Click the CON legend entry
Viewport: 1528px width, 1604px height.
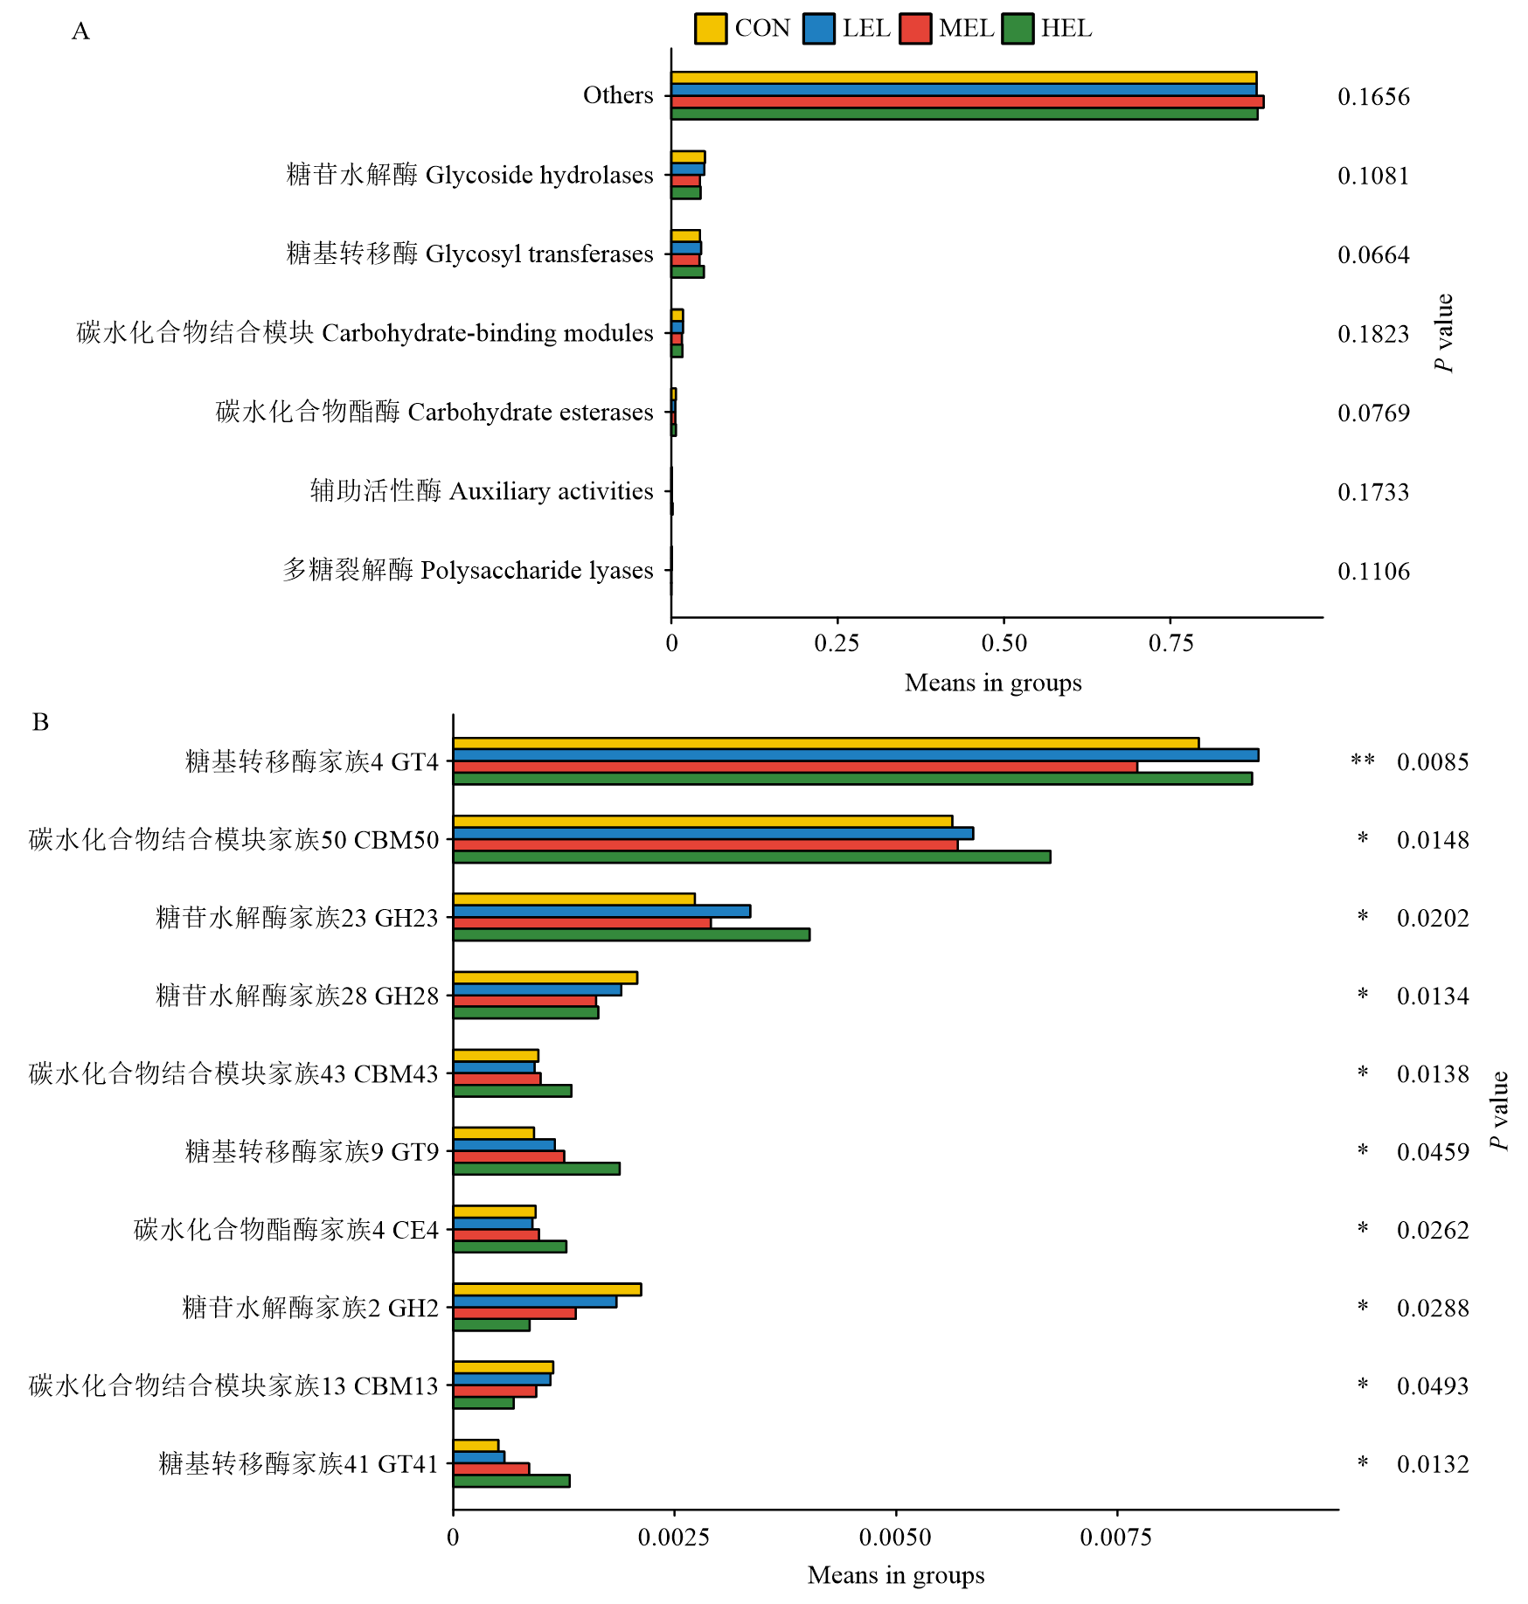point(743,29)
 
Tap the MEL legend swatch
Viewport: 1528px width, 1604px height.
point(914,29)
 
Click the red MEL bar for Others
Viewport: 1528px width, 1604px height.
point(967,101)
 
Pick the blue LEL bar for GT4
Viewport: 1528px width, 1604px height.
point(855,755)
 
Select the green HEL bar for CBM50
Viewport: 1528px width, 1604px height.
point(752,857)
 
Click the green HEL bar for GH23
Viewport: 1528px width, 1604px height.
point(631,934)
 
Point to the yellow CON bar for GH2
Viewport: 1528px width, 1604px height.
point(547,1289)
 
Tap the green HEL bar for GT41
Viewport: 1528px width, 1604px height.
point(511,1481)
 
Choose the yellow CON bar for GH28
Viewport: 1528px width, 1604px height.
point(545,977)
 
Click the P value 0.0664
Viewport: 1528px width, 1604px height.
point(1373,254)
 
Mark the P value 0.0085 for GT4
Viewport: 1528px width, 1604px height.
point(1433,762)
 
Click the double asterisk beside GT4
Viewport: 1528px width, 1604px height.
point(1363,761)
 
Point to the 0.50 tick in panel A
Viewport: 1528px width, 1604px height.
point(1004,644)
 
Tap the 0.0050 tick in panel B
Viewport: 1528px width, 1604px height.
point(896,1538)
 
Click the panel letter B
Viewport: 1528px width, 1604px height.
point(40,722)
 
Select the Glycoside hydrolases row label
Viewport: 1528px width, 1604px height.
point(469,175)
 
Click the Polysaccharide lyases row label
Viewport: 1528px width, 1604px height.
point(468,571)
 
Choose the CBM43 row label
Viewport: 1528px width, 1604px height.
point(233,1073)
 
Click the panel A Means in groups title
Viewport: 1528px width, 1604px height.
point(993,683)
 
